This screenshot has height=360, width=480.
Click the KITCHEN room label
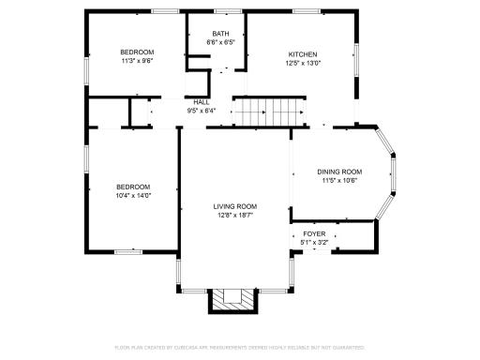pyautogui.click(x=302, y=54)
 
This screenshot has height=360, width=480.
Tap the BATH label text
pyautogui.click(x=219, y=34)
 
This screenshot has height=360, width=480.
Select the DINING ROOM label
pyautogui.click(x=338, y=172)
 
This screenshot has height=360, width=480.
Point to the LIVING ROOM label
pyautogui.click(x=234, y=206)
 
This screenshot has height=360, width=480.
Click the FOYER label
pyautogui.click(x=313, y=234)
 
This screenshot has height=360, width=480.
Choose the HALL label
pyautogui.click(x=202, y=101)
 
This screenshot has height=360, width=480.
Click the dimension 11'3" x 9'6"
pyautogui.click(x=137, y=60)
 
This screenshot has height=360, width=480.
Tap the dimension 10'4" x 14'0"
pyautogui.click(x=133, y=195)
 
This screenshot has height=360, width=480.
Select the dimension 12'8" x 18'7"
pyautogui.click(x=234, y=215)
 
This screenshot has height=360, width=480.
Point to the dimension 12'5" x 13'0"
pyautogui.click(x=302, y=63)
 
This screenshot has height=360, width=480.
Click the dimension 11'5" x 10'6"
pyautogui.click(x=338, y=180)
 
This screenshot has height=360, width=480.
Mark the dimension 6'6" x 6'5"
pyautogui.click(x=219, y=42)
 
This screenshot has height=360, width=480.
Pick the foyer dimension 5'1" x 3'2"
pyautogui.click(x=313, y=243)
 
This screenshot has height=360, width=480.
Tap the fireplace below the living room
pyautogui.click(x=232, y=299)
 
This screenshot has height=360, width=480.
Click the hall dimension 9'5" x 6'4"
pyautogui.click(x=202, y=110)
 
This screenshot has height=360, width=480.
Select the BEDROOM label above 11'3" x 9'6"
pyautogui.click(x=137, y=52)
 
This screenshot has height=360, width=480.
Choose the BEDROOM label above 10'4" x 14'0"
pyautogui.click(x=133, y=187)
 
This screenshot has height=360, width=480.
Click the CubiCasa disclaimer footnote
pyautogui.click(x=239, y=347)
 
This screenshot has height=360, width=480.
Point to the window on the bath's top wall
pyautogui.click(x=226, y=11)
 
